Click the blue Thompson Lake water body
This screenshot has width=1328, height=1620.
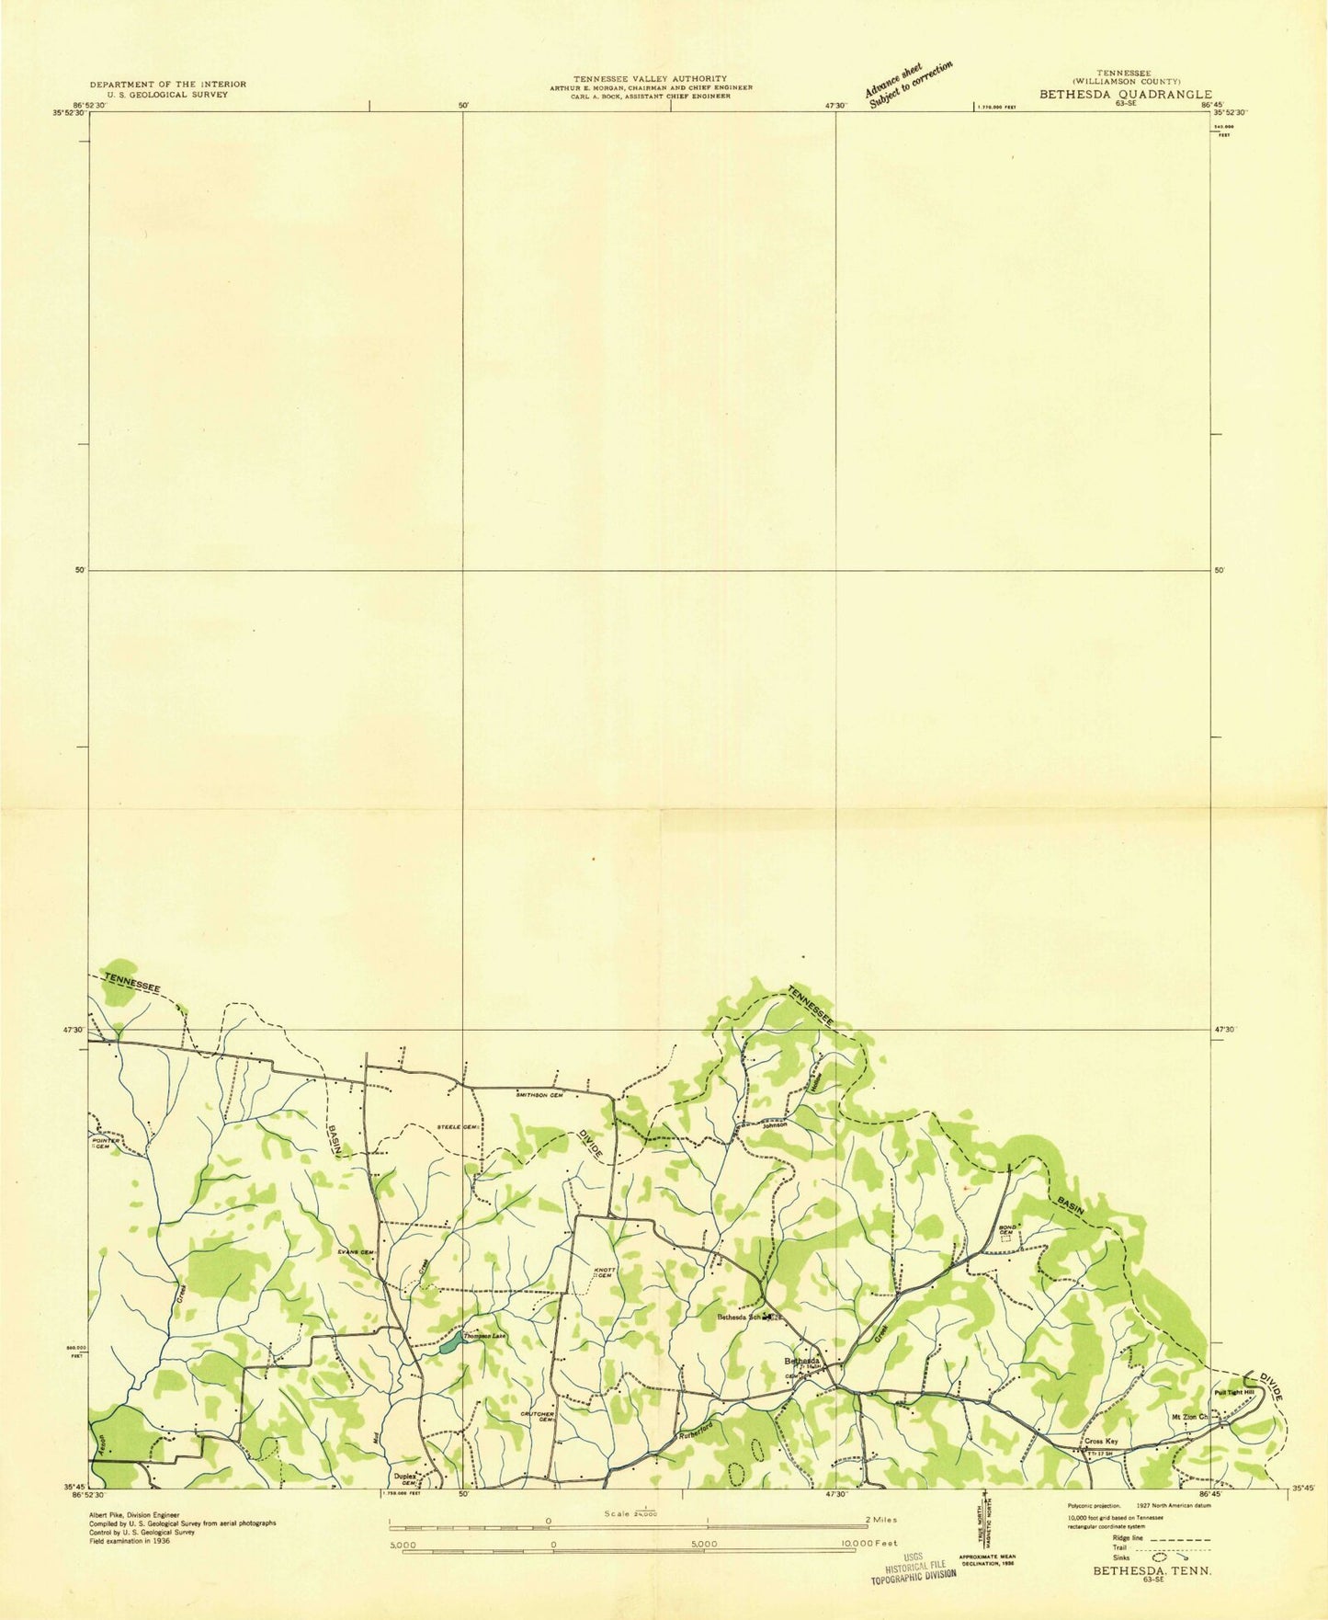point(449,1344)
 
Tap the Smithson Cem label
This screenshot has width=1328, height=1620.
point(539,1095)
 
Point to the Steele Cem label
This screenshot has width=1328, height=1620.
point(458,1126)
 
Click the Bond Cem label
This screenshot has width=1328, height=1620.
point(1006,1231)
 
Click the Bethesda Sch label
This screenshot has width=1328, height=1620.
point(740,1317)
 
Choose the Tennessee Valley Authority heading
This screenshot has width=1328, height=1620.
point(650,79)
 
